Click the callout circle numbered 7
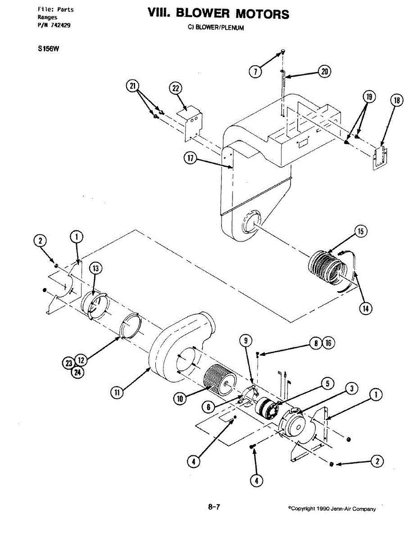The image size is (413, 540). point(255,72)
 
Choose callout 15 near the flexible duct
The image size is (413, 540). point(360,232)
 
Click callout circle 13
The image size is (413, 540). point(95,269)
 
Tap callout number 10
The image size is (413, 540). point(180,398)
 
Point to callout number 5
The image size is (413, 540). point(327,383)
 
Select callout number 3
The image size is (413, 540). point(352,388)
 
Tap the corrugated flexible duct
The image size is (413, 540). point(328,269)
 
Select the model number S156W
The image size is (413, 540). point(49,50)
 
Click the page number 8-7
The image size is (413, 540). point(214,507)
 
